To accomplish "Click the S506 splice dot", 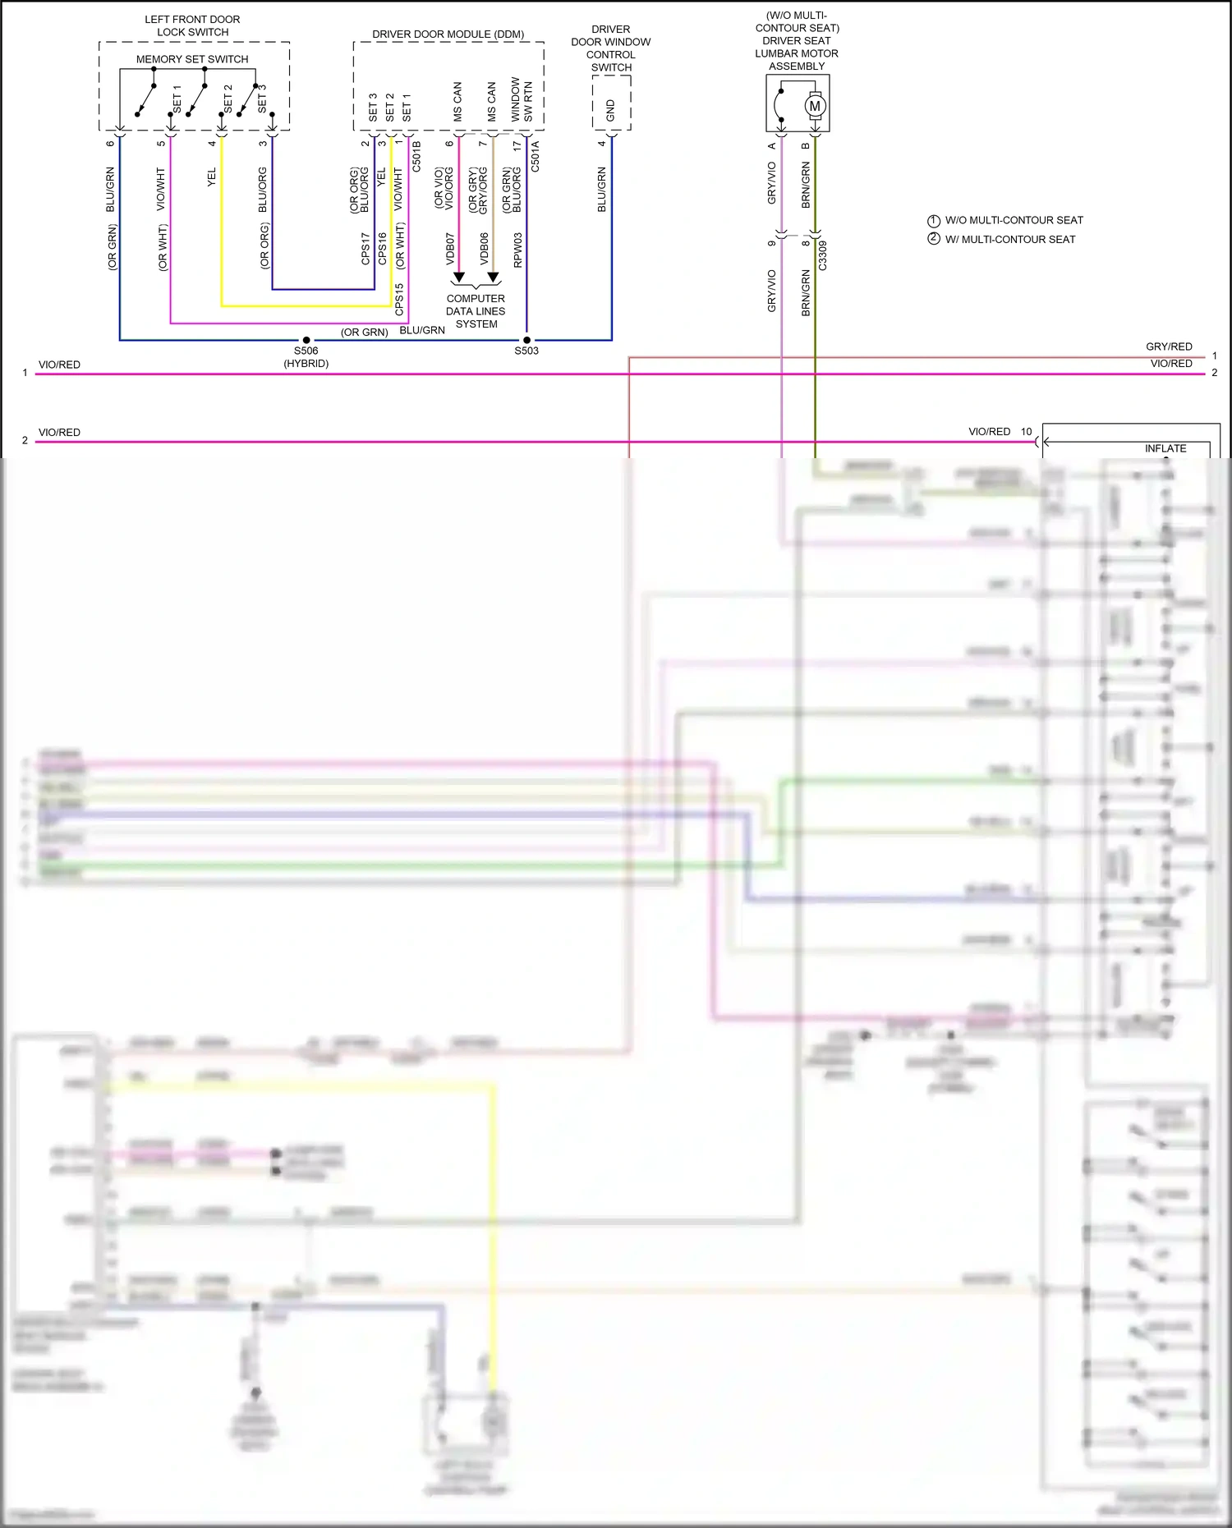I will (x=306, y=340).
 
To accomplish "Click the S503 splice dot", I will (x=526, y=340).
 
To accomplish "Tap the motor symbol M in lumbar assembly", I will (x=815, y=106).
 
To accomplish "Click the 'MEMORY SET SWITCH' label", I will (x=192, y=59).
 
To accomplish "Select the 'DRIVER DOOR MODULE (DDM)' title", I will (x=448, y=34).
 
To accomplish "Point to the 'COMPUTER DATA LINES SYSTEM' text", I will (x=476, y=311).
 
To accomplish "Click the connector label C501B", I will (x=416, y=156).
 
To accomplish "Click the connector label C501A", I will (x=536, y=156).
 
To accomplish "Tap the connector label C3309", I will (x=822, y=255).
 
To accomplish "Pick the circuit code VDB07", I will (x=450, y=249).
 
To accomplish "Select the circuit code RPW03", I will (x=517, y=250).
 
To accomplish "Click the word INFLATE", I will (x=1165, y=448).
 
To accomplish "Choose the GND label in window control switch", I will (x=610, y=110).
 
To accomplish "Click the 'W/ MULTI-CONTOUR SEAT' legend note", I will (x=1009, y=240).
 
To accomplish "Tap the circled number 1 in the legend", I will (x=933, y=221).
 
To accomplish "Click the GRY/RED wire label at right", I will (x=1169, y=346).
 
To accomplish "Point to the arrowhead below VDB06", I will (x=493, y=278).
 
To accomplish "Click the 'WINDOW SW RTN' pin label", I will (x=521, y=100).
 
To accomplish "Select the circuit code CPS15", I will (x=399, y=300).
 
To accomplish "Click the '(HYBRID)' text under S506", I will (x=306, y=364).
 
